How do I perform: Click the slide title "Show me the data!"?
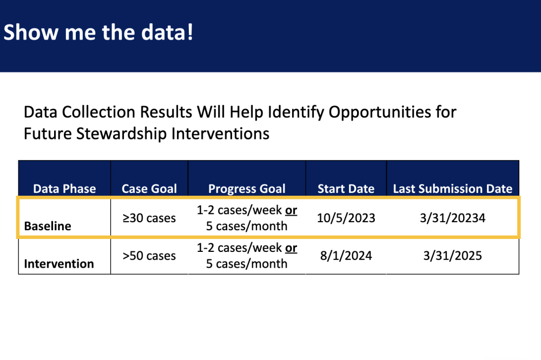(x=98, y=32)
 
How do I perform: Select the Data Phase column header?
(x=64, y=189)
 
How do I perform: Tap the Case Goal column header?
(x=149, y=189)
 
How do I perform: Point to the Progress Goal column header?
(x=247, y=189)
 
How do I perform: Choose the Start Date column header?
(x=346, y=189)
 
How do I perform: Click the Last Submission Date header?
(x=453, y=189)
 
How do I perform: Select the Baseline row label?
(x=48, y=226)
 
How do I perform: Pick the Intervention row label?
(x=59, y=264)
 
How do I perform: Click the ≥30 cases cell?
(x=149, y=218)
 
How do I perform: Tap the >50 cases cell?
(x=149, y=256)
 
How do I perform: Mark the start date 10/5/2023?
(x=346, y=218)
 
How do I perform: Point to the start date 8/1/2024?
(x=346, y=256)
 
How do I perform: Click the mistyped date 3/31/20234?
(x=453, y=218)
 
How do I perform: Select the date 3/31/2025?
(x=453, y=256)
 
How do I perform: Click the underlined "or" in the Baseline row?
(x=291, y=210)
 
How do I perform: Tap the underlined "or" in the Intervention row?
(x=291, y=248)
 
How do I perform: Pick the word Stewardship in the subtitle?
(x=122, y=134)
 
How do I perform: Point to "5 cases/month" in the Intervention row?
(x=247, y=264)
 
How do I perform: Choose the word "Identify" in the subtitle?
(x=296, y=112)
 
